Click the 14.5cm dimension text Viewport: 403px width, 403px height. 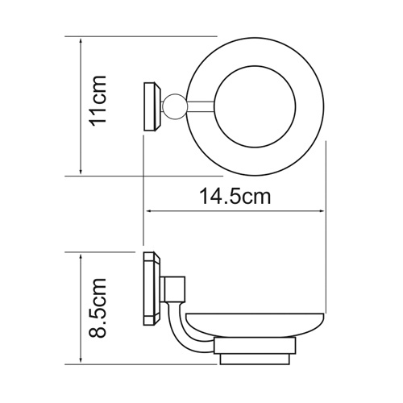coord(235,196)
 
